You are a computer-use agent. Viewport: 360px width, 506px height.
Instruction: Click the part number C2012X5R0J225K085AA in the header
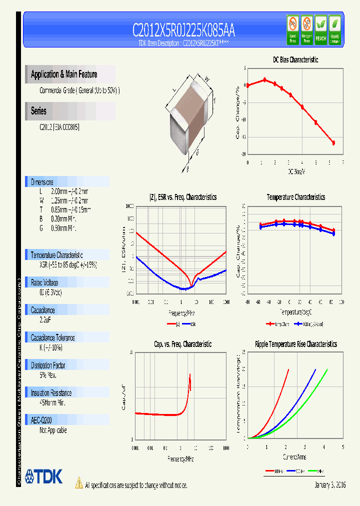183,31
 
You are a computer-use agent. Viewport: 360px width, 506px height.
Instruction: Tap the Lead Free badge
292,30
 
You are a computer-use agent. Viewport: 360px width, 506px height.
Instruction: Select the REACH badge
320,30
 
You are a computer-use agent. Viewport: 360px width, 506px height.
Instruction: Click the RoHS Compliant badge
334,30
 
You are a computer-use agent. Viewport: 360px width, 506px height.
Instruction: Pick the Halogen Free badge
306,30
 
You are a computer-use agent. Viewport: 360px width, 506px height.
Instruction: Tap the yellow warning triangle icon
78,482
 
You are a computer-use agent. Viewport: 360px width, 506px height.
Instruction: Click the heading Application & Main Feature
64,74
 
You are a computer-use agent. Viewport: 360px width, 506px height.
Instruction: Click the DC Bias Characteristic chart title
295,60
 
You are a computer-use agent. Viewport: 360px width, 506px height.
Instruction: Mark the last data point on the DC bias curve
333,143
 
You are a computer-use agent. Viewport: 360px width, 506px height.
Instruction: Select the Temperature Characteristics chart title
295,197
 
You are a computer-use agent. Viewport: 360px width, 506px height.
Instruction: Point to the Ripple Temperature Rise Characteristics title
295,344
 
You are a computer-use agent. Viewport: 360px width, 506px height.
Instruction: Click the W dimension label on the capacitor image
206,77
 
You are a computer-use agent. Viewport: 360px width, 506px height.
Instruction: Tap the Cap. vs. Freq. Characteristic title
182,344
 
